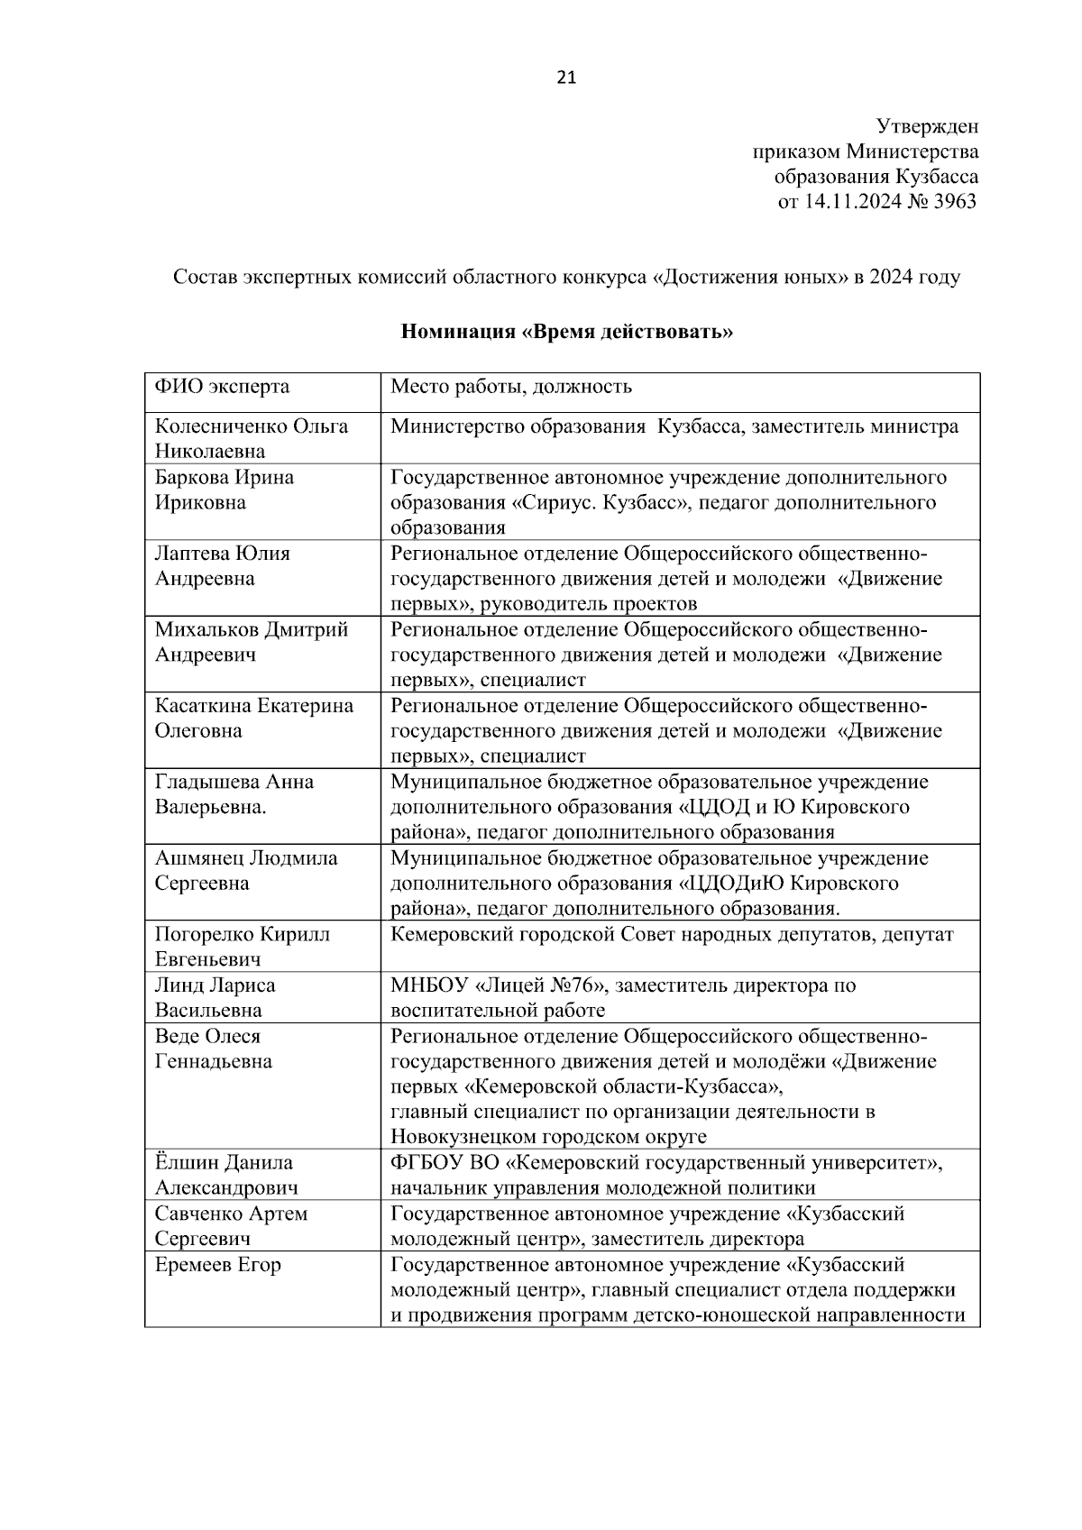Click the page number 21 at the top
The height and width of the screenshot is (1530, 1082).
point(566,78)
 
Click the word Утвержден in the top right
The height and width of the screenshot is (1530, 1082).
point(927,126)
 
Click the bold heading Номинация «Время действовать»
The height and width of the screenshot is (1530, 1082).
point(566,332)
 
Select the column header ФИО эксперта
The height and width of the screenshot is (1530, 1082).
point(222,388)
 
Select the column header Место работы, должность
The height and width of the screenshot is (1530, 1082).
point(510,388)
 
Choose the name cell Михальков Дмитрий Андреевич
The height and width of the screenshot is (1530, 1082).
point(251,641)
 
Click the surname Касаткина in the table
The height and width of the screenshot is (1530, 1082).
point(203,705)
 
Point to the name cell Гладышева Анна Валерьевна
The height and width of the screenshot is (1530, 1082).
point(234,793)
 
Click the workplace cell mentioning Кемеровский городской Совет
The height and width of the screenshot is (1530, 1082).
point(671,934)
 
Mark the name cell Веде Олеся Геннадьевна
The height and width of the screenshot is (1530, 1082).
point(213,1049)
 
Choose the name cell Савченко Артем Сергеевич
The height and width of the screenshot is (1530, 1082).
point(231,1226)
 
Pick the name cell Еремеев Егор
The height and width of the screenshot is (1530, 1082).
point(217,1265)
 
